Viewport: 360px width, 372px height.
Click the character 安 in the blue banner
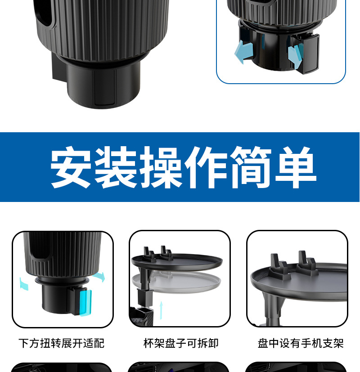point(71,167)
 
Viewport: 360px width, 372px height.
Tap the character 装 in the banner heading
point(116,167)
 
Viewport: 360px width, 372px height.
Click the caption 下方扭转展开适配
point(62,344)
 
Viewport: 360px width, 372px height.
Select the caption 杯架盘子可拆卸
point(181,344)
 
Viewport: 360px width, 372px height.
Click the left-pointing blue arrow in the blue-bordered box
point(243,52)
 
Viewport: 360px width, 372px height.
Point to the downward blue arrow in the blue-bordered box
point(295,55)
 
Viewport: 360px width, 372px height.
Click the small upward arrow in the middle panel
point(161,310)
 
